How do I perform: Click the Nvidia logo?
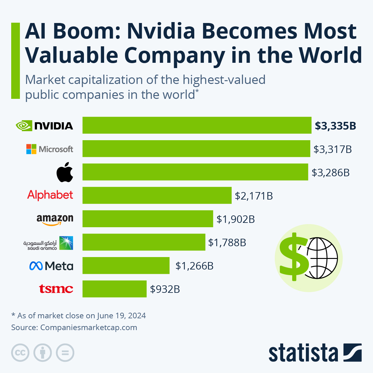(44, 126)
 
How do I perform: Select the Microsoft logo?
(50, 149)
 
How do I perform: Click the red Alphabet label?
(50, 195)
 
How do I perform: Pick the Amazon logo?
(55, 219)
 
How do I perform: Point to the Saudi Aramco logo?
(48, 243)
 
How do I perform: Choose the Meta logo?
(51, 266)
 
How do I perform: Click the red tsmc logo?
(56, 289)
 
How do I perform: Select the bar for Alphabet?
(157, 195)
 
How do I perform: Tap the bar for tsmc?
(114, 289)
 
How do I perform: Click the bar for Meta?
(126, 265)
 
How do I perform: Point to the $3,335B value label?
(335, 126)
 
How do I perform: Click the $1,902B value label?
(236, 219)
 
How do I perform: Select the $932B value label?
(165, 289)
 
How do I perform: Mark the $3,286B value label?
(331, 173)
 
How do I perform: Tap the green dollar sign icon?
(293, 256)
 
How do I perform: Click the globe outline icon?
(322, 258)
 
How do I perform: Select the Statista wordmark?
(303, 353)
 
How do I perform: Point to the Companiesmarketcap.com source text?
(89, 327)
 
